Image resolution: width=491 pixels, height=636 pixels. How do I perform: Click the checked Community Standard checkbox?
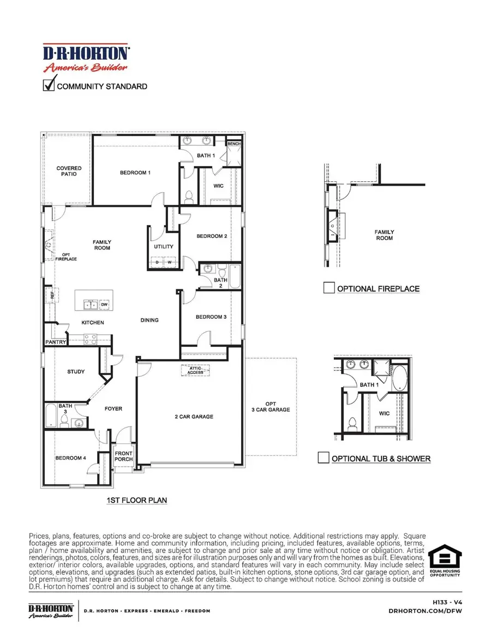pos(49,86)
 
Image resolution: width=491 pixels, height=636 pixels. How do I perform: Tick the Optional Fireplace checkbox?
pos(328,288)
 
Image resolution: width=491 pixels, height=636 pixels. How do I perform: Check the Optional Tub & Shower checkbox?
pos(324,457)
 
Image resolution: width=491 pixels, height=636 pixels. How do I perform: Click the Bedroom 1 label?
pos(135,173)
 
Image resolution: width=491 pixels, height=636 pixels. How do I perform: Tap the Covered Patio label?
pos(69,171)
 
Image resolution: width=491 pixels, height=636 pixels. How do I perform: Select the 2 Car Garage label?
pos(195,417)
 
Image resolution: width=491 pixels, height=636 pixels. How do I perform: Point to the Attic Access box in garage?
pos(196,370)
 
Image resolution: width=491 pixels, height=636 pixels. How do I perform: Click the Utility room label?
pos(164,247)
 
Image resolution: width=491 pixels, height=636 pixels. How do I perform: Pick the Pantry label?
pos(56,342)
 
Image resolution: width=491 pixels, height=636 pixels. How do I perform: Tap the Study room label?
pos(76,372)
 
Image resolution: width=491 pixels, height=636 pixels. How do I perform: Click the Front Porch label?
pos(124,455)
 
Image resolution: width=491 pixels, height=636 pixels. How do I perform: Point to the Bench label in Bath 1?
pos(234,144)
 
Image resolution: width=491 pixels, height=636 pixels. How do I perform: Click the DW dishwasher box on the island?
pos(104,304)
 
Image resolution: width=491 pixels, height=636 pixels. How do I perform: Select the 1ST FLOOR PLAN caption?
pos(137,500)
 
